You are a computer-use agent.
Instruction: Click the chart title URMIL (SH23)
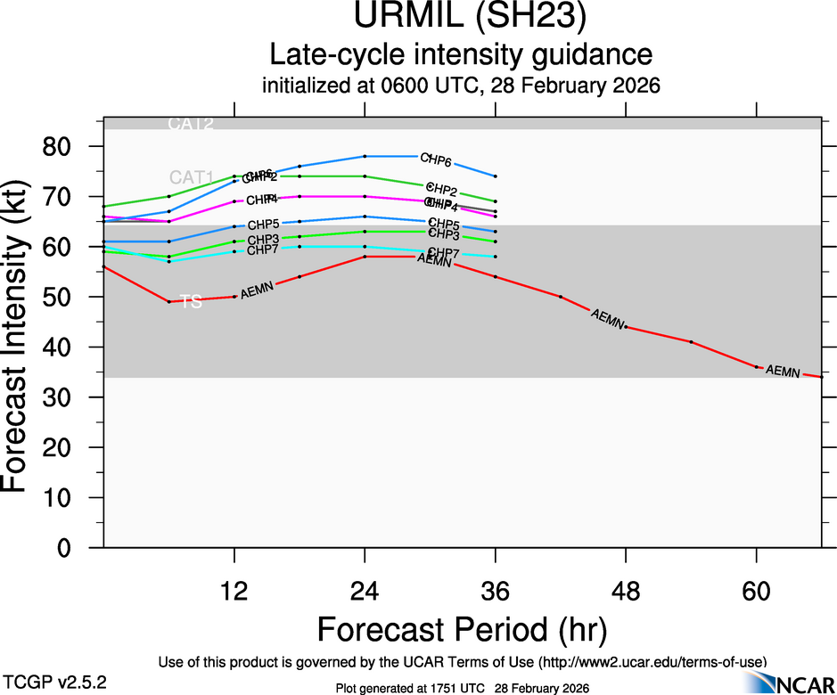coord(461,19)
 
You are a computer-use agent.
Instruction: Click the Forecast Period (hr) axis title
coord(461,629)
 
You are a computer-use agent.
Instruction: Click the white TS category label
coord(191,302)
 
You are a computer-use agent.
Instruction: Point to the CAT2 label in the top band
coord(191,124)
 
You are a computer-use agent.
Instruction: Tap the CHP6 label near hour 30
coord(436,161)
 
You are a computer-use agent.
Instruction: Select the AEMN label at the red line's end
coord(783,371)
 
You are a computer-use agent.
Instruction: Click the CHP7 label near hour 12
coord(262,249)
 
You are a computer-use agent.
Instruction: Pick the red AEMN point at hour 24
coord(365,257)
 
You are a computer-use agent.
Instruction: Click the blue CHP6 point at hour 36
coord(496,176)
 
